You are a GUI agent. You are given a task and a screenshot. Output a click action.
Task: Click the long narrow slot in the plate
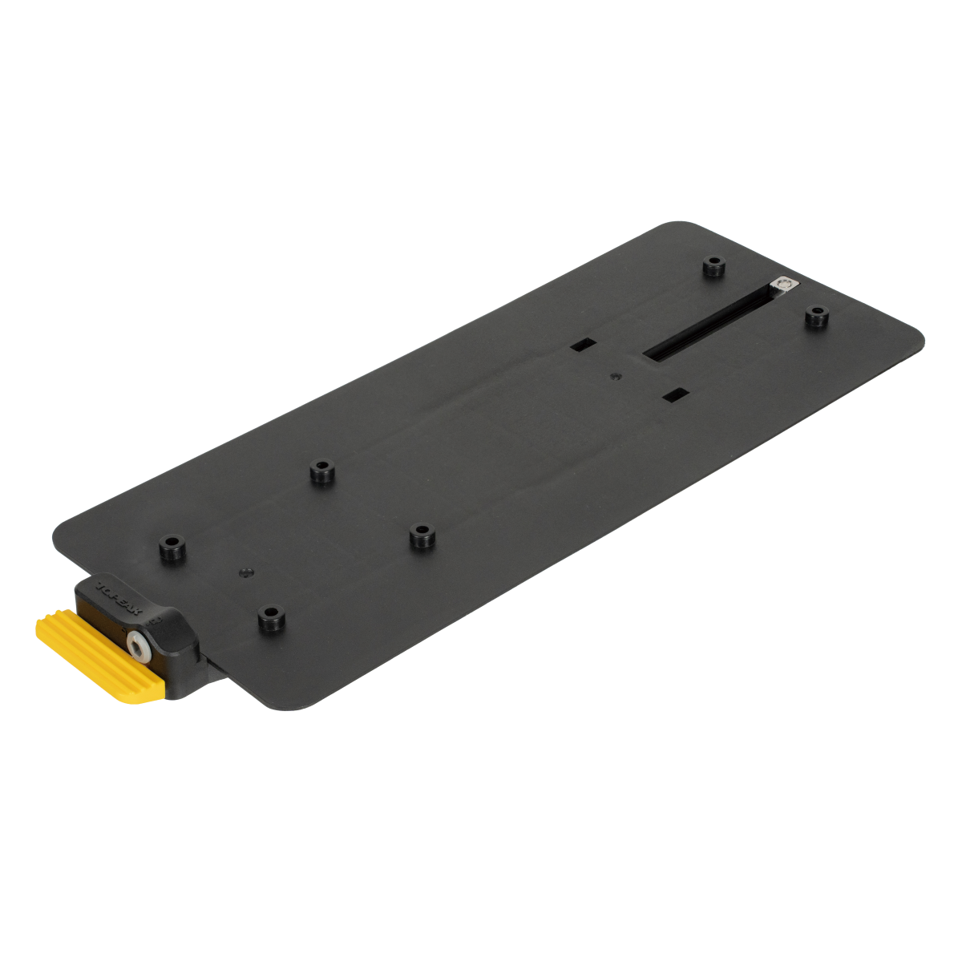click(705, 325)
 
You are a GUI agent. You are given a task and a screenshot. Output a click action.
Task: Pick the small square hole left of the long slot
click(583, 345)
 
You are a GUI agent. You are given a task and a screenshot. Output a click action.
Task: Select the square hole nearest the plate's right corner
click(677, 394)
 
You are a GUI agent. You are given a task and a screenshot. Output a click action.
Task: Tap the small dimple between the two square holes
click(615, 374)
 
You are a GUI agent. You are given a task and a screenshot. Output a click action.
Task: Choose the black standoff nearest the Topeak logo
click(169, 548)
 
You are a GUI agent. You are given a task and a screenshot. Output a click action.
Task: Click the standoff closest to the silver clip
click(815, 316)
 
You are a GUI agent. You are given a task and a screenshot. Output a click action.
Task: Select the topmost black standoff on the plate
click(713, 266)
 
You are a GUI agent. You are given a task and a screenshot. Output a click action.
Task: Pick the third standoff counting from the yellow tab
click(322, 472)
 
